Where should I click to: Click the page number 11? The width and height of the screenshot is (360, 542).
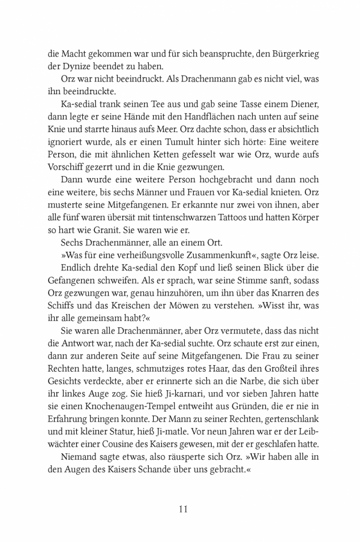click(x=184, y=510)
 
